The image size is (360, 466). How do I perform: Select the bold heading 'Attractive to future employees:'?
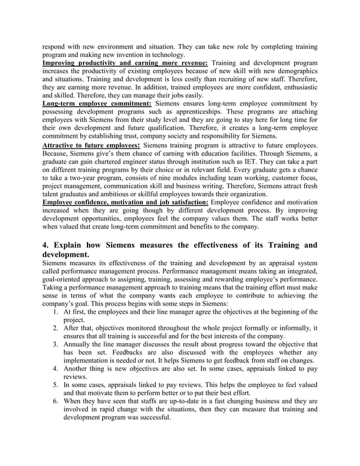tap(92, 145)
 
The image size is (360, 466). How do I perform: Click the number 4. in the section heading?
tap(47, 245)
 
